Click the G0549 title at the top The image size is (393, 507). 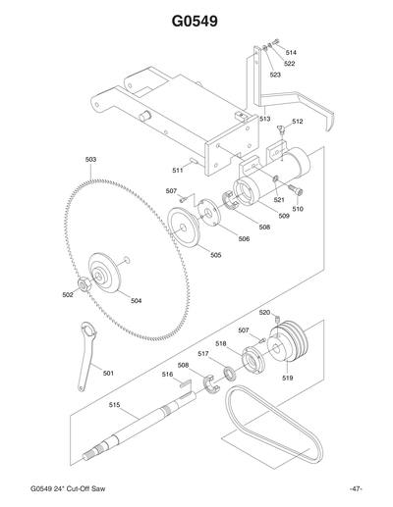pyautogui.click(x=196, y=21)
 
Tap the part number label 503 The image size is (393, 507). pyautogui.click(x=90, y=159)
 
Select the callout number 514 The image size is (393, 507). pyautogui.click(x=291, y=52)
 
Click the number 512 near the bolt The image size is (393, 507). pyautogui.click(x=297, y=122)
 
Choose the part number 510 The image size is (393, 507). pyautogui.click(x=298, y=209)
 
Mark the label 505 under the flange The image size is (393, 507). pyautogui.click(x=215, y=255)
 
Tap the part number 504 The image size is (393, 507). pyautogui.click(x=136, y=300)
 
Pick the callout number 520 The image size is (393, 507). pyautogui.click(x=264, y=312)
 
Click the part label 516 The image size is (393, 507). pyautogui.click(x=167, y=374)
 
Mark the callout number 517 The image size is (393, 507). pyautogui.click(x=203, y=353)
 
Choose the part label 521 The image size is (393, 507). pyautogui.click(x=279, y=199)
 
